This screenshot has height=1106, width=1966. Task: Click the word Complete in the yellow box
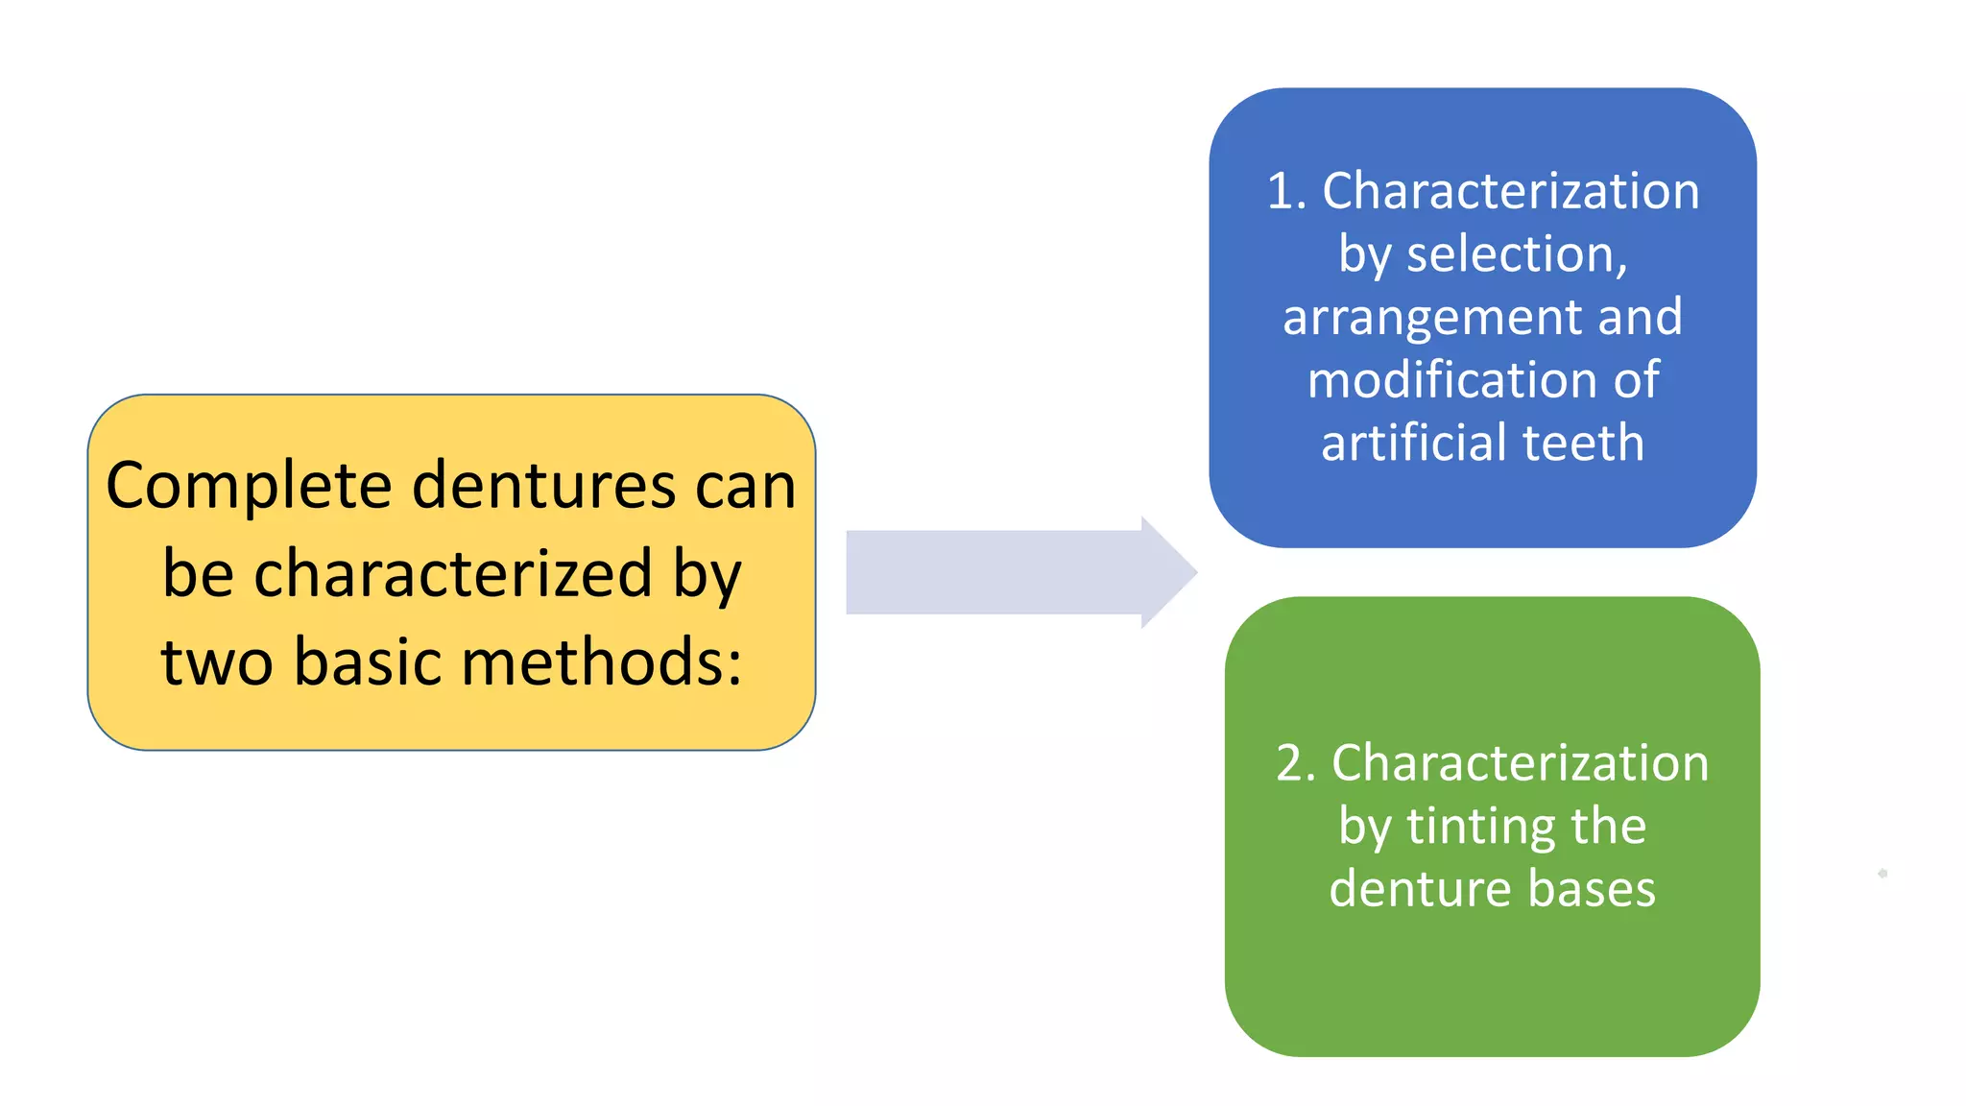coord(249,486)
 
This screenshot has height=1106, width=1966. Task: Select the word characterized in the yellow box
coord(453,573)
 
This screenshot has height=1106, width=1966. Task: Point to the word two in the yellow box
coord(217,661)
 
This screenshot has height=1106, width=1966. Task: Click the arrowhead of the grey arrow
coord(1169,572)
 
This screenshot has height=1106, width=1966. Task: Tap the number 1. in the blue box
coord(1287,191)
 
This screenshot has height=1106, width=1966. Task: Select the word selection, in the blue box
coord(1517,254)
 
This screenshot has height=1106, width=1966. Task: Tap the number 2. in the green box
coord(1296,763)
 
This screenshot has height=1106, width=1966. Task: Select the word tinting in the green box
coord(1479,826)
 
